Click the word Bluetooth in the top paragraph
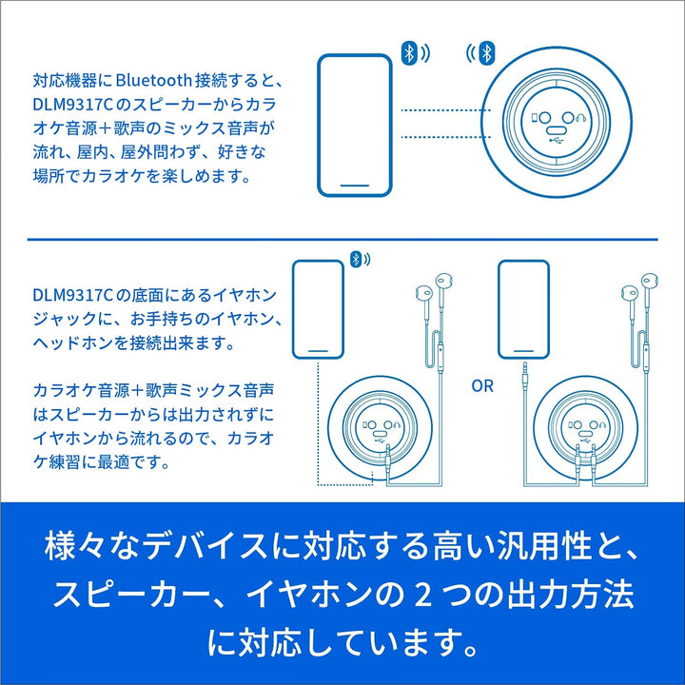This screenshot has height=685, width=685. tap(154, 80)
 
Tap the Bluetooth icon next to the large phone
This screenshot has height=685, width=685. tap(409, 53)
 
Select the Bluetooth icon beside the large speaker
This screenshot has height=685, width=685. tap(486, 53)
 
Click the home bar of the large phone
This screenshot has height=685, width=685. tap(354, 186)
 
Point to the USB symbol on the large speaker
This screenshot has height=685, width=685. tap(557, 141)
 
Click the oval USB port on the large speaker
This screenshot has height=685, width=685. tap(557, 130)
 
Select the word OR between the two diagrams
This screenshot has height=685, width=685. tap(482, 385)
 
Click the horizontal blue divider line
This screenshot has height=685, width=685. tap(342, 240)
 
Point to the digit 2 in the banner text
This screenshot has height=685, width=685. tap(422, 594)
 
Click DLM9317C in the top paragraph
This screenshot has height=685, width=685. tap(73, 105)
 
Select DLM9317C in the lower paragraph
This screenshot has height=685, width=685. tap(73, 295)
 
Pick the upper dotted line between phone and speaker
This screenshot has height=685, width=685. tap(445, 110)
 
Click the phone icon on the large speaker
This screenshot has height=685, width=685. tap(534, 118)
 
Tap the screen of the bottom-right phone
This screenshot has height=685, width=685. tap(523, 309)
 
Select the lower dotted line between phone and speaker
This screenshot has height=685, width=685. tap(444, 137)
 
